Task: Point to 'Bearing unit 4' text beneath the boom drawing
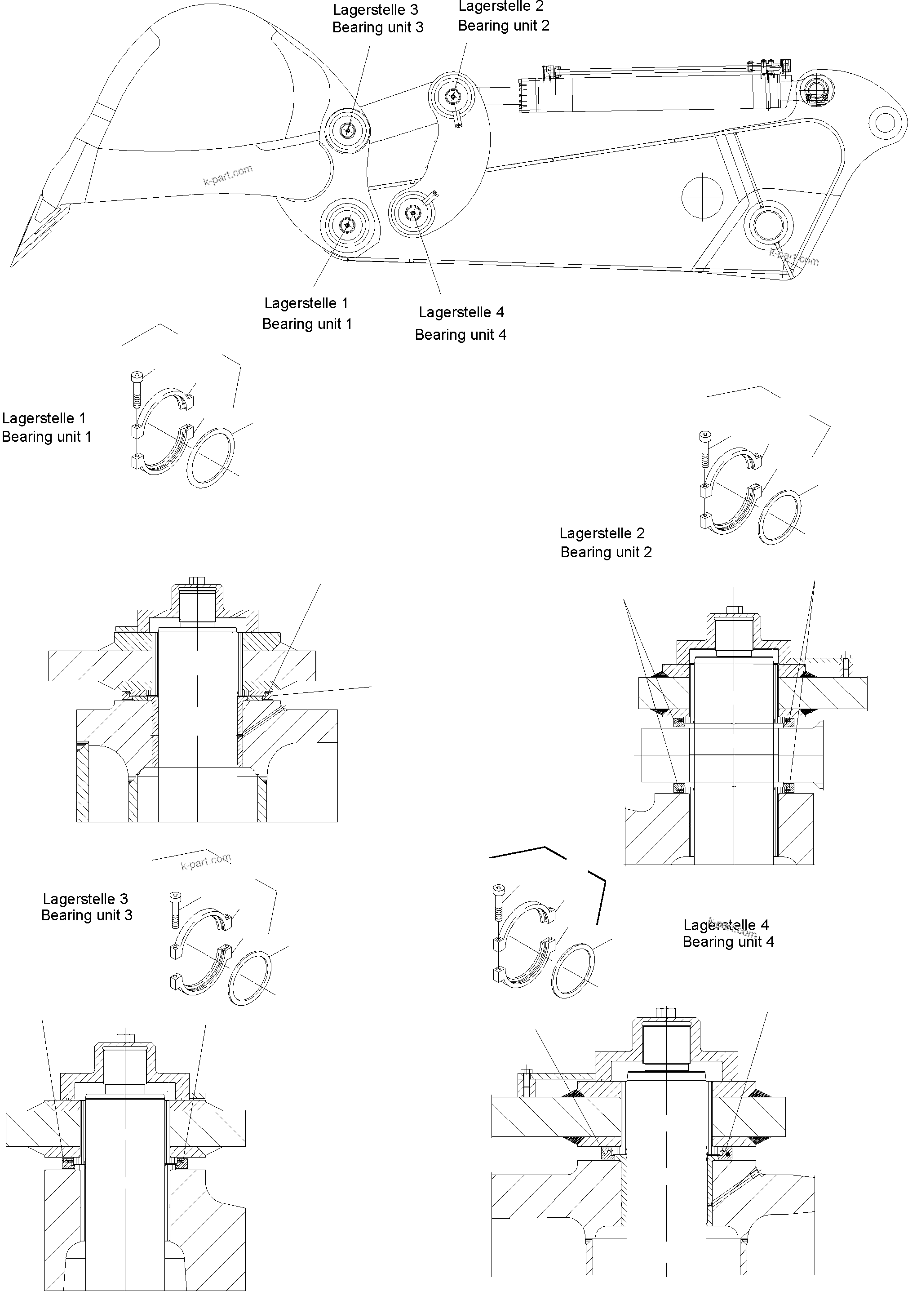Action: pos(461,335)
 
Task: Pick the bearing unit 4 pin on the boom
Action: pos(414,213)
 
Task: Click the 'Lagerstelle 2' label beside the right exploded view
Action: pos(602,533)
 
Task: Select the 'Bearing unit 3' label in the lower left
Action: pos(87,915)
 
